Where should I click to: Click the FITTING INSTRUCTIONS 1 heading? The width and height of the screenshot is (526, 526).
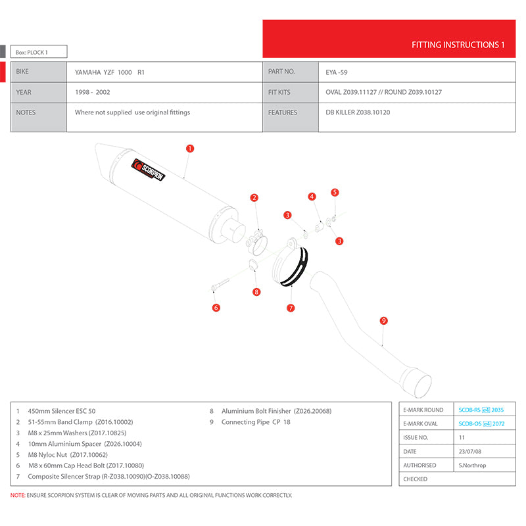458,45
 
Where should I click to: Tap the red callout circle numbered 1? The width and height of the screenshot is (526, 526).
190,149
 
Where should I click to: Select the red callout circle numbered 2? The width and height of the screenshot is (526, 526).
254,197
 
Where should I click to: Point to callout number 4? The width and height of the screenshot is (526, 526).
312,196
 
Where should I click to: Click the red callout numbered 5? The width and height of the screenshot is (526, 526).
335,192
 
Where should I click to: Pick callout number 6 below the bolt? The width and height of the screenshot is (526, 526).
216,307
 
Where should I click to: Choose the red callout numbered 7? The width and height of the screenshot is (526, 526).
291,307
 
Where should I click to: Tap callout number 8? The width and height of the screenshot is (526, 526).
256,291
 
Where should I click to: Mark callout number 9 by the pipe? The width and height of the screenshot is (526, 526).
384,321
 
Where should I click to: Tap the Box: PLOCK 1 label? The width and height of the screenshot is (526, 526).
32,52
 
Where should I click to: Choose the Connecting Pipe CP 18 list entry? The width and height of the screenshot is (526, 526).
256,422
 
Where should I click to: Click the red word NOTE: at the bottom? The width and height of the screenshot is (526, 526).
18,495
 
